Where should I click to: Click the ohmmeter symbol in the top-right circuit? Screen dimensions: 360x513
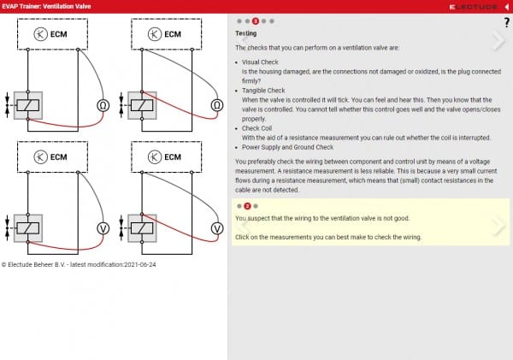click(x=216, y=106)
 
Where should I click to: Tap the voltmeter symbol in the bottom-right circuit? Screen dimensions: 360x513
click(x=216, y=228)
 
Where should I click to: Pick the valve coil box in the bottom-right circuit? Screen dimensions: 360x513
click(x=143, y=228)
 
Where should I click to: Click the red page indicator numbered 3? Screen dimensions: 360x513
click(x=255, y=20)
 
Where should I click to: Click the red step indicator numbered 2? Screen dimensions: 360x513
click(x=247, y=206)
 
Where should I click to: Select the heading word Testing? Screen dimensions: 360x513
click(x=245, y=33)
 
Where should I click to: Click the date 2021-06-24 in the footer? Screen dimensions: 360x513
click(x=140, y=264)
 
